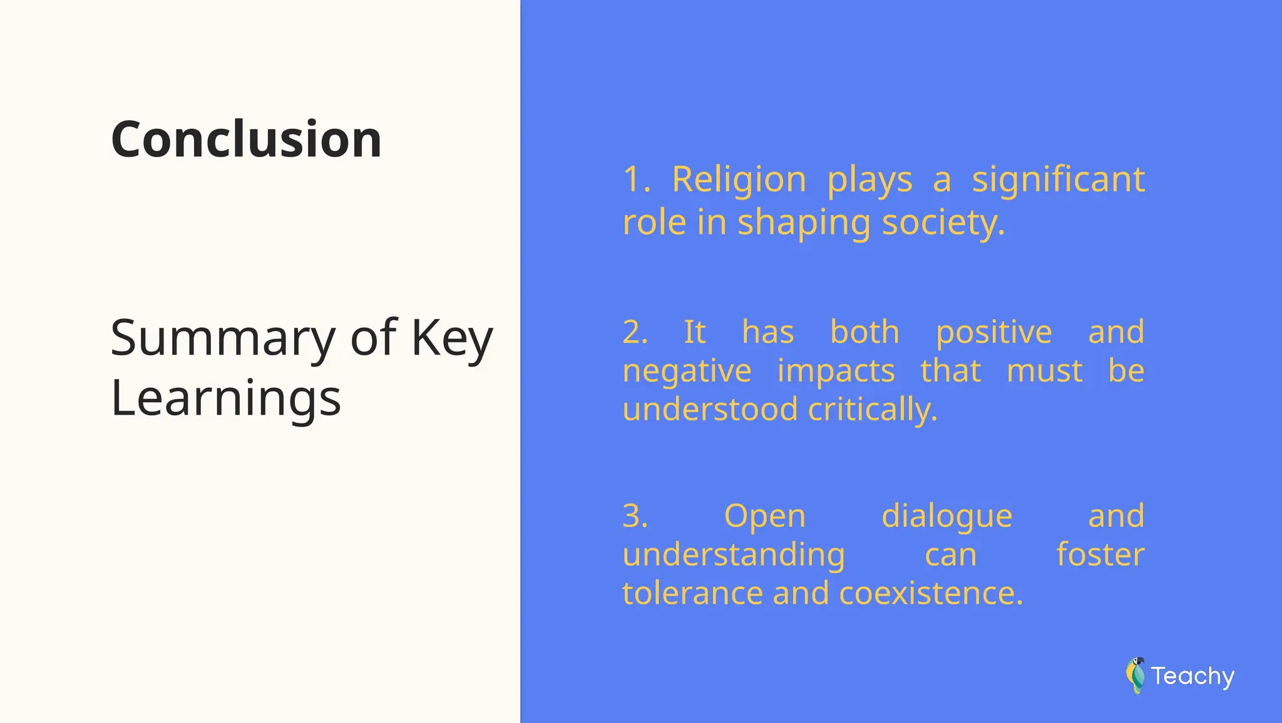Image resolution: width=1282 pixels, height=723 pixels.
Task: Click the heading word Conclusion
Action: point(246,139)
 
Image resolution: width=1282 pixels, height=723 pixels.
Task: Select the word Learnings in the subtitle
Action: point(225,398)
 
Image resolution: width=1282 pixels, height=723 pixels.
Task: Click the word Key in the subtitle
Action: point(451,338)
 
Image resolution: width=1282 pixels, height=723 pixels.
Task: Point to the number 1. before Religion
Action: point(636,179)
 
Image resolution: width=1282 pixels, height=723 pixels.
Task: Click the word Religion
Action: point(739,179)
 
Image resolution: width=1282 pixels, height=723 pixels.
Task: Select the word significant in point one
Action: point(1058,179)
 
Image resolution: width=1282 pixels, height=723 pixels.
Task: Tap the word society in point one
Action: point(943,222)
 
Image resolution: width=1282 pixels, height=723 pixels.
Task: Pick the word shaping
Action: point(804,223)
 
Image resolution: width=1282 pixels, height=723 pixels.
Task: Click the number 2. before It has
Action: point(635,332)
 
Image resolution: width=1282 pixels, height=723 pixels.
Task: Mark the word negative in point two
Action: point(687,372)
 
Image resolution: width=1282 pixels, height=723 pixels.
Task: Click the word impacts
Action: point(836,372)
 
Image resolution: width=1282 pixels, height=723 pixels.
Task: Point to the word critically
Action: point(873,410)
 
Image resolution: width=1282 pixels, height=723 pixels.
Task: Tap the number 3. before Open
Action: point(635,517)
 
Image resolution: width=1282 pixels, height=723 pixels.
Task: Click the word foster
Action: point(1100,555)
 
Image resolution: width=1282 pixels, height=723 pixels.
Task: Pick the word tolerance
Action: point(694,594)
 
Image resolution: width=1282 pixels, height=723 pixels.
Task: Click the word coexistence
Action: point(930,594)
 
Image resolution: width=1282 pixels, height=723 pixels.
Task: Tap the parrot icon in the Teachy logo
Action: point(1135,675)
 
